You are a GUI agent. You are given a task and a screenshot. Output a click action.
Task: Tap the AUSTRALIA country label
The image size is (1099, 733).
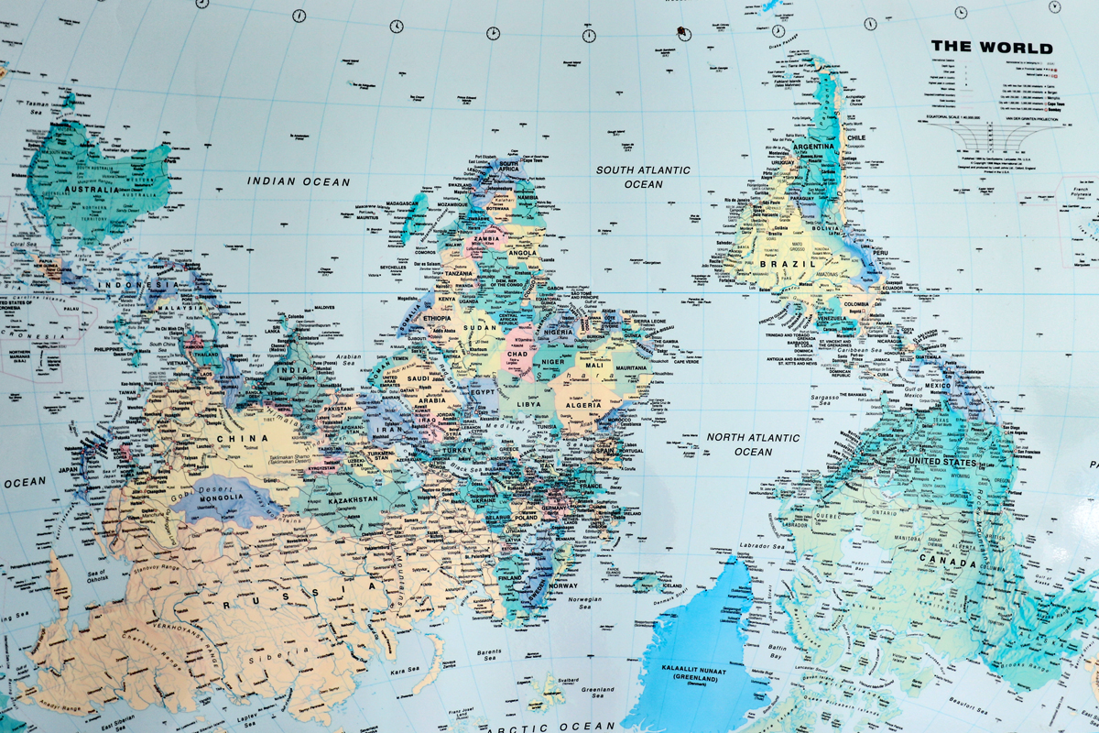coord(92,190)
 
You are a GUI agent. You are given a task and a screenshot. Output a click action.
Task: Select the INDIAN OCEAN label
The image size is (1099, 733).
coord(299,181)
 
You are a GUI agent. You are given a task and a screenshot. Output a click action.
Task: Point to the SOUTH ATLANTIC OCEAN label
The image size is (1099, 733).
coord(643,177)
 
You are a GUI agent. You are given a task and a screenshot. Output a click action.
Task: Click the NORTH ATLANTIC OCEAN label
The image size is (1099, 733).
coord(753,444)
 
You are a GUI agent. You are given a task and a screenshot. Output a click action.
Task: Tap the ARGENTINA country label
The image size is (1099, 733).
coord(813,147)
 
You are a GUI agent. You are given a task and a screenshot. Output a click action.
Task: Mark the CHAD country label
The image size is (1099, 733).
coord(517,353)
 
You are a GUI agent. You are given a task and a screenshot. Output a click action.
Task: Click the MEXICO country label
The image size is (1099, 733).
coord(937,386)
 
